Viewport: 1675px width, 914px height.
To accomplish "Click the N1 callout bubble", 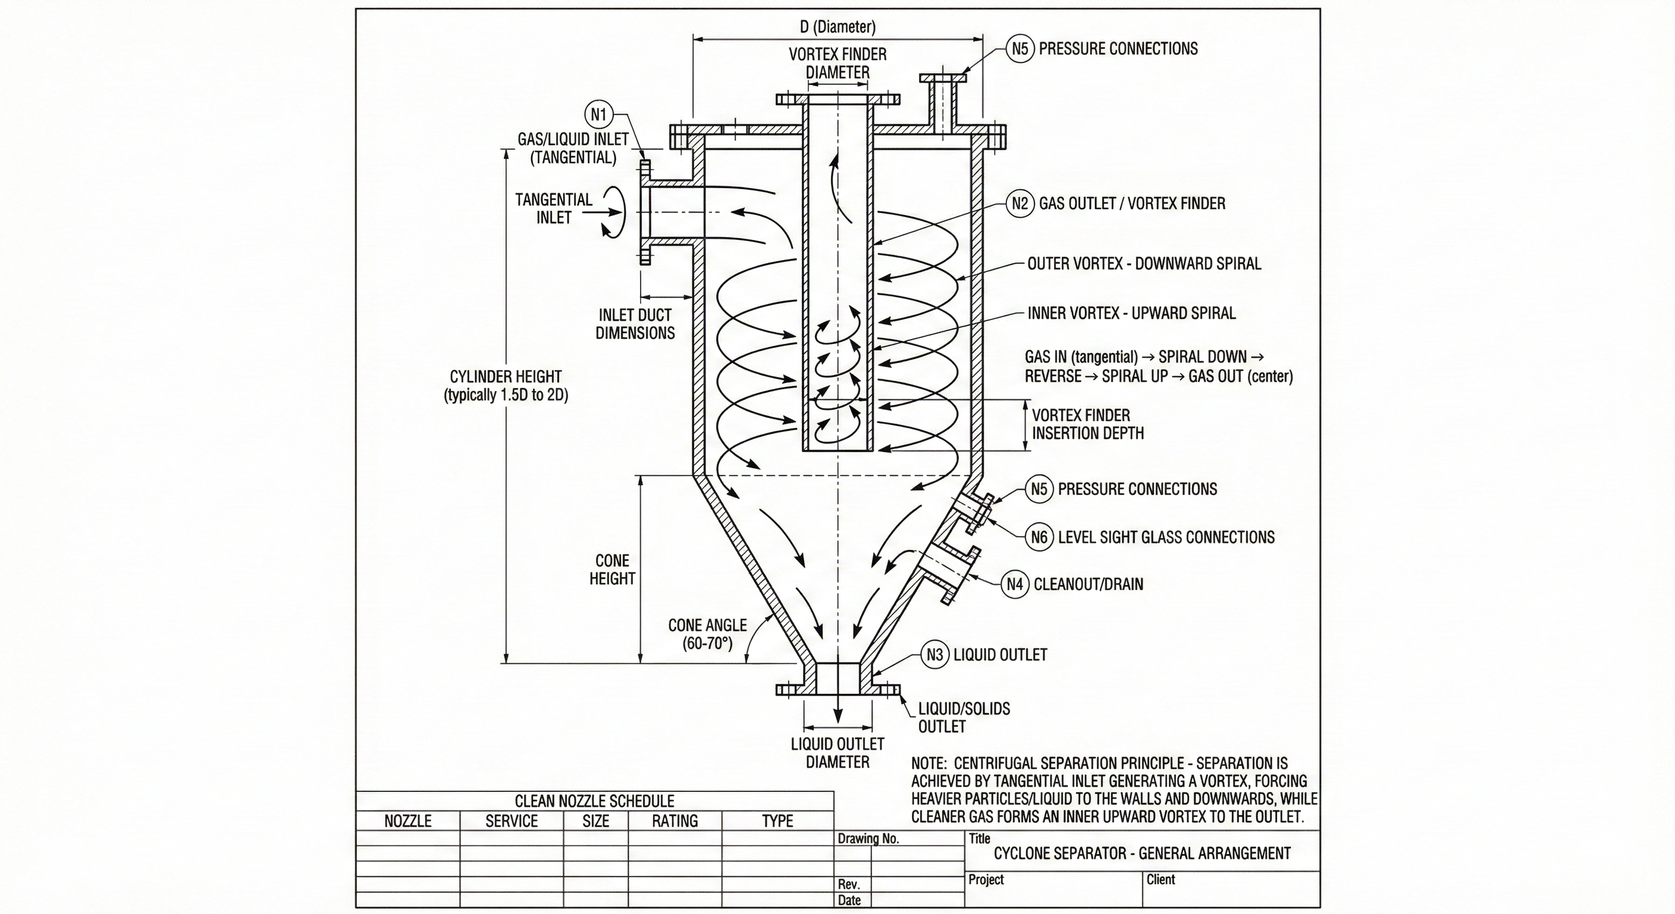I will click(598, 115).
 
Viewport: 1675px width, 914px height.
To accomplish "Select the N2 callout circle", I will click(1020, 204).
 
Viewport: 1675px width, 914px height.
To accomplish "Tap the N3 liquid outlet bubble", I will click(934, 655).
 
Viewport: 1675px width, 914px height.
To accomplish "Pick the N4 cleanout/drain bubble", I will click(1014, 584).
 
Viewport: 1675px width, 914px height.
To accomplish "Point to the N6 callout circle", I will click(1039, 537).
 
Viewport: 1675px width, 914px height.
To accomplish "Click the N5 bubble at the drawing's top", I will click(1020, 49).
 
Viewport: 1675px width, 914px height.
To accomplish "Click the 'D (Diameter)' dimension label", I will click(837, 27).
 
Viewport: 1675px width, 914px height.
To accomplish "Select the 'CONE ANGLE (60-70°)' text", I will click(707, 634).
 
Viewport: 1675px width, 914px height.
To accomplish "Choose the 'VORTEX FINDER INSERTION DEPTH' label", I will click(1087, 424).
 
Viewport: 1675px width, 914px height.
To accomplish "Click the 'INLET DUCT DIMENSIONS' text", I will click(635, 324).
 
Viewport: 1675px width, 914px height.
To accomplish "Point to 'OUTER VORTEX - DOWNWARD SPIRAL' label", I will click(1144, 264).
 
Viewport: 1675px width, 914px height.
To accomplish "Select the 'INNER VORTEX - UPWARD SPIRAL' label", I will click(1131, 313).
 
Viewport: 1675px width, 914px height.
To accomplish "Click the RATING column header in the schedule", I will click(675, 821).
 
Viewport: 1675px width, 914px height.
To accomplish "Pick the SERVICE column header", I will click(512, 821).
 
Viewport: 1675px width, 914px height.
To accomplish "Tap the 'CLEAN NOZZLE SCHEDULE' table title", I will click(594, 801).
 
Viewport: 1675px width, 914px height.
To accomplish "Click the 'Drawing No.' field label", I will click(868, 838).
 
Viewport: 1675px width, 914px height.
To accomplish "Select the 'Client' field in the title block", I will click(1160, 879).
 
